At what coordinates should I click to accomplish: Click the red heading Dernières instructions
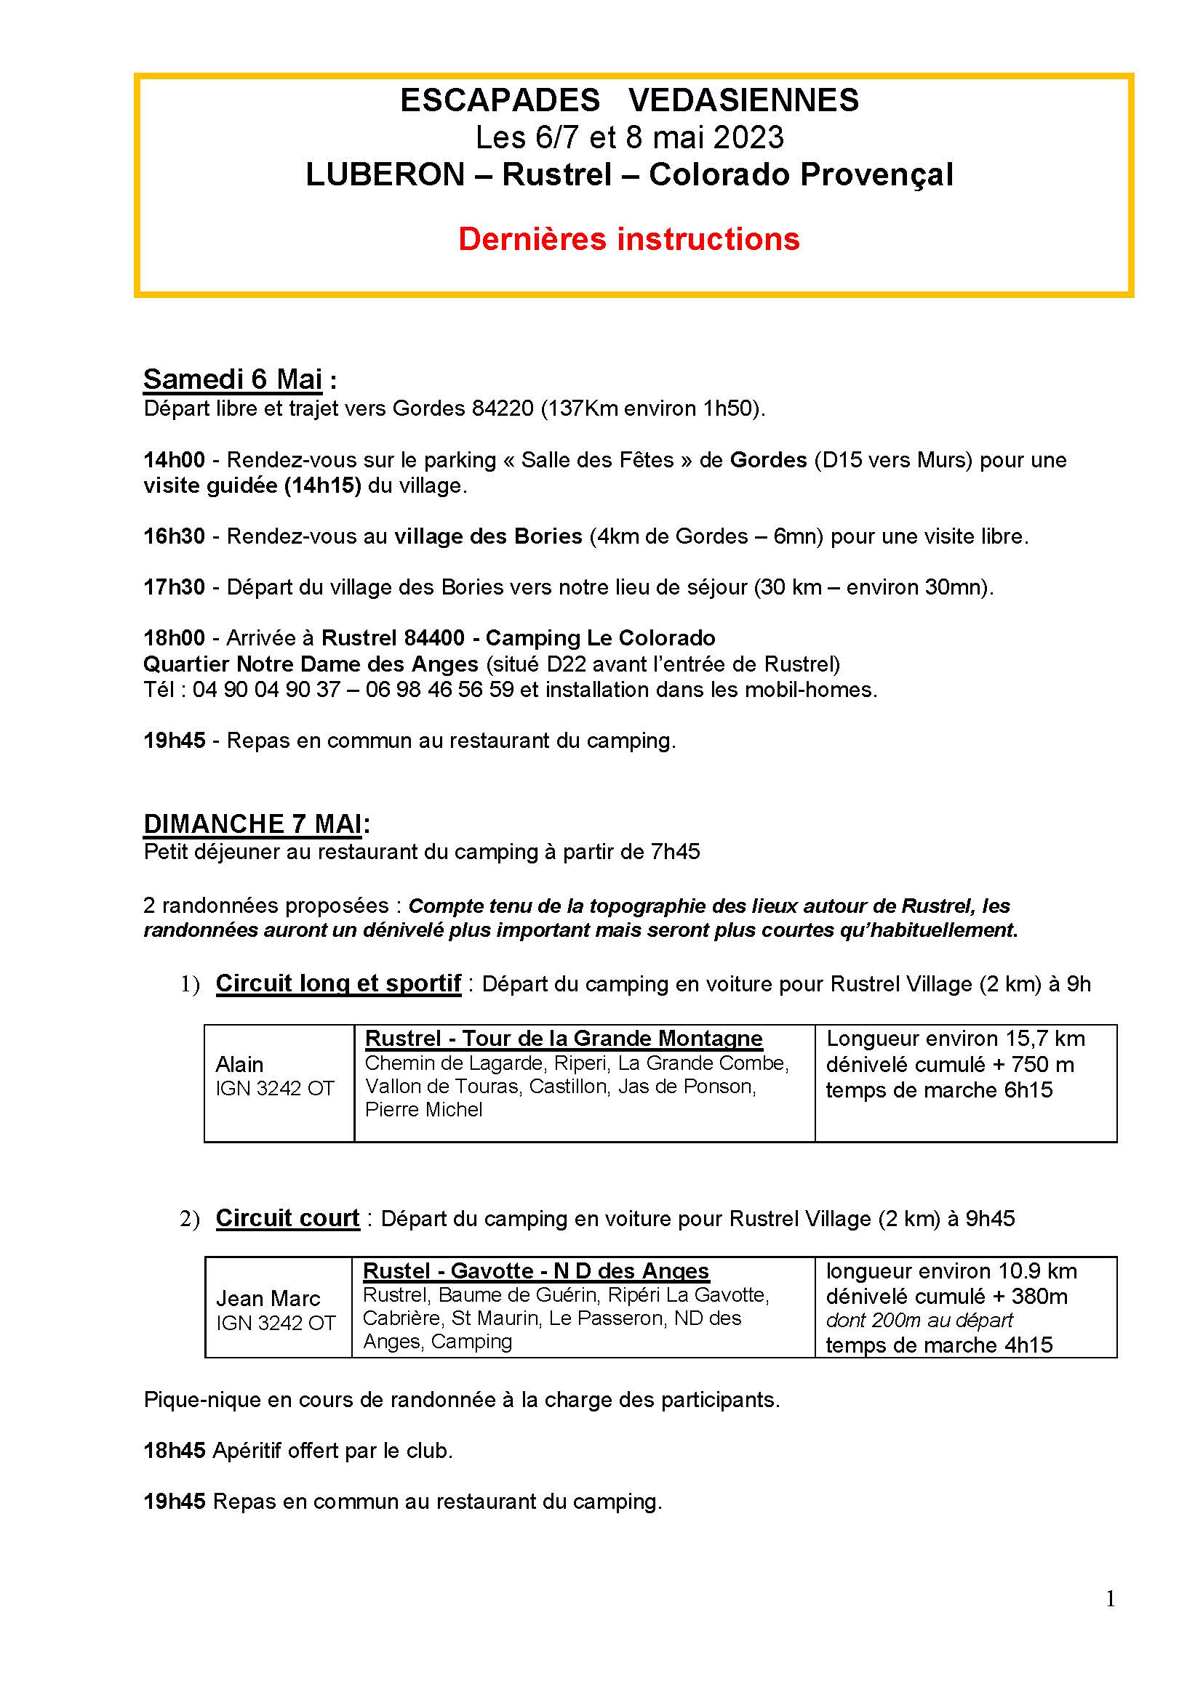pyautogui.click(x=629, y=239)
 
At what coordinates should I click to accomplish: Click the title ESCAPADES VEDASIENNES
pyautogui.click(x=629, y=100)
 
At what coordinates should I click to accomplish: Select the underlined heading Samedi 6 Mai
pyautogui.click(x=233, y=379)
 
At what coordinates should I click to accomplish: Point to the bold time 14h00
pyautogui.click(x=174, y=460)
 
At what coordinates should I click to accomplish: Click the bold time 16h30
pyautogui.click(x=174, y=536)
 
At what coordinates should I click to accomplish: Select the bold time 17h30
pyautogui.click(x=174, y=587)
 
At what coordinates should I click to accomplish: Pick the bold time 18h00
pyautogui.click(x=174, y=637)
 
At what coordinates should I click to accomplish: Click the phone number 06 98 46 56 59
pyautogui.click(x=439, y=689)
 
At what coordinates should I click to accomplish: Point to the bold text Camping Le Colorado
pyautogui.click(x=600, y=637)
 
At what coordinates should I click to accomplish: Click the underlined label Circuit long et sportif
pyautogui.click(x=337, y=983)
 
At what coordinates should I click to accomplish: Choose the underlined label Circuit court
pyautogui.click(x=287, y=1218)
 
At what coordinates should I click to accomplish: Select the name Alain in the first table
pyautogui.click(x=239, y=1064)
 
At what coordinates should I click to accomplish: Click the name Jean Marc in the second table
pyautogui.click(x=268, y=1298)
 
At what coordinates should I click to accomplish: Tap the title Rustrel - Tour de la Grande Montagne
pyautogui.click(x=564, y=1038)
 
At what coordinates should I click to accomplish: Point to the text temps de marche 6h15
pyautogui.click(x=938, y=1090)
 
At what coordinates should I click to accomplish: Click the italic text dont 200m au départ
pyautogui.click(x=919, y=1320)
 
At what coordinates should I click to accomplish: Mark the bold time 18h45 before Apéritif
pyautogui.click(x=174, y=1451)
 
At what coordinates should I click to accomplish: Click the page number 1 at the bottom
pyautogui.click(x=1110, y=1600)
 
